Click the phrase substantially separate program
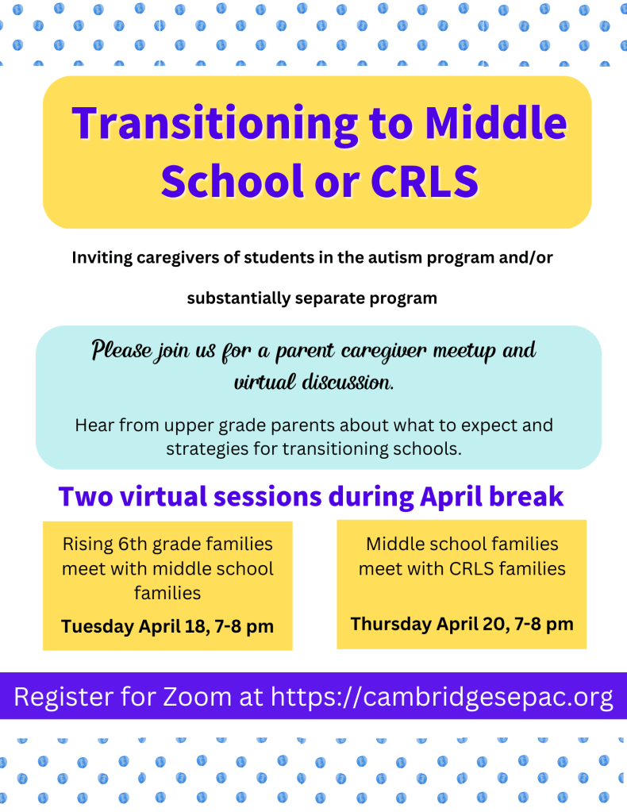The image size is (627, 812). point(312,298)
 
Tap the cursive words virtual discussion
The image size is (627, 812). point(313,382)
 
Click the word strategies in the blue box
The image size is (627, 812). point(206,448)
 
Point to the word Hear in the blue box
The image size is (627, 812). point(94,425)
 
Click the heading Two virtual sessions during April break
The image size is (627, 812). point(311,497)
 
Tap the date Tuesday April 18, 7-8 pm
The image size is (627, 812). point(167,626)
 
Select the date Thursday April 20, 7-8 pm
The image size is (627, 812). point(462,623)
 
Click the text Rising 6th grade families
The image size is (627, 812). point(167,545)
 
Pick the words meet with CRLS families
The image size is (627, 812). point(462,568)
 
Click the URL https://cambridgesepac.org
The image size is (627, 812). point(442,697)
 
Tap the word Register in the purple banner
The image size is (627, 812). point(66,697)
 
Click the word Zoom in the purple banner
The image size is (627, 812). point(197,697)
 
